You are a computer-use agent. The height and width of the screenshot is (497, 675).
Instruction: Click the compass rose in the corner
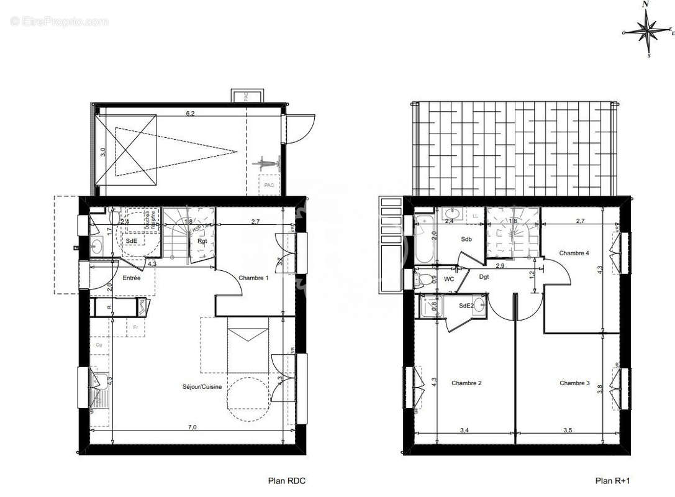pyautogui.click(x=648, y=30)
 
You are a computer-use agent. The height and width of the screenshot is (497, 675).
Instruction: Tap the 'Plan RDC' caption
pyautogui.click(x=286, y=480)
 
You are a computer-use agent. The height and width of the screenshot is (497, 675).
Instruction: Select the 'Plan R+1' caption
pyautogui.click(x=612, y=480)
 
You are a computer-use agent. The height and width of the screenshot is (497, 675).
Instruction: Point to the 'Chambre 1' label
pyautogui.click(x=253, y=278)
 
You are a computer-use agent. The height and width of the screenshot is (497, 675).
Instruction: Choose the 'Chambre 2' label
pyautogui.click(x=466, y=383)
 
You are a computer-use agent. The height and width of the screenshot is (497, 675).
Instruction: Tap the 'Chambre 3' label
pyautogui.click(x=574, y=383)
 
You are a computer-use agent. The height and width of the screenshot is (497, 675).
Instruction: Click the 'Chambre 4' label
pyautogui.click(x=574, y=253)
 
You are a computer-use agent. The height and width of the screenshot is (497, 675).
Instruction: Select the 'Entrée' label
pyautogui.click(x=131, y=278)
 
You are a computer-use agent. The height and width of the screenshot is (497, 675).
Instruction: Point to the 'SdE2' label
pyautogui.click(x=466, y=306)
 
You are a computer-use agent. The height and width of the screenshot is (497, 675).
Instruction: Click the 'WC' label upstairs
pyautogui.click(x=449, y=279)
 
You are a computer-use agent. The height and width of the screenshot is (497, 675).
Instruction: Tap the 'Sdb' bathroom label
pyautogui.click(x=466, y=239)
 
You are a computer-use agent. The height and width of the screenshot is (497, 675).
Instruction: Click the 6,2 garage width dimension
pyautogui.click(x=191, y=114)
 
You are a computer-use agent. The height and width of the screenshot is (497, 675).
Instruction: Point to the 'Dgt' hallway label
pyautogui.click(x=484, y=277)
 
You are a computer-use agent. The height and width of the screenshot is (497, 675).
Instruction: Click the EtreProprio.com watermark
pyautogui.click(x=59, y=22)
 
